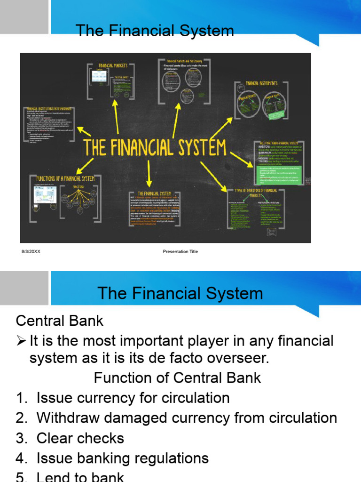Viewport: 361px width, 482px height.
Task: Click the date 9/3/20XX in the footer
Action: [x=31, y=251]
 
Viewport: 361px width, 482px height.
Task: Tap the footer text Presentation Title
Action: [x=180, y=251]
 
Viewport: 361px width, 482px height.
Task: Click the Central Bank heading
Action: [x=60, y=321]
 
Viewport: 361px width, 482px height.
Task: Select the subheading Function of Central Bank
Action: [x=177, y=378]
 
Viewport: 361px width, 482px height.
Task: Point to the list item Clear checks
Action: [x=80, y=438]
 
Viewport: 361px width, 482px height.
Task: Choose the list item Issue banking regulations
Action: [x=122, y=458]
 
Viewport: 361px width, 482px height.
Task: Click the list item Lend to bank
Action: [x=80, y=476]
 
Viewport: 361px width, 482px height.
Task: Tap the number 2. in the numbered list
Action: [x=22, y=418]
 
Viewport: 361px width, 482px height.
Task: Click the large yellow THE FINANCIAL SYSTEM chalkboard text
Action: [x=155, y=147]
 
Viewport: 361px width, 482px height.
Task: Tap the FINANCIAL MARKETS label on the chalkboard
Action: [x=112, y=66]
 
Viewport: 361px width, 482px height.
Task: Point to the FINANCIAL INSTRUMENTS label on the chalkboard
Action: [x=261, y=83]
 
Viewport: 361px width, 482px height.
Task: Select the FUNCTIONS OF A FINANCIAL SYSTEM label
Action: [x=65, y=178]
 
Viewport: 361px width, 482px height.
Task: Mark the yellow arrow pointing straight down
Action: [x=149, y=174]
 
